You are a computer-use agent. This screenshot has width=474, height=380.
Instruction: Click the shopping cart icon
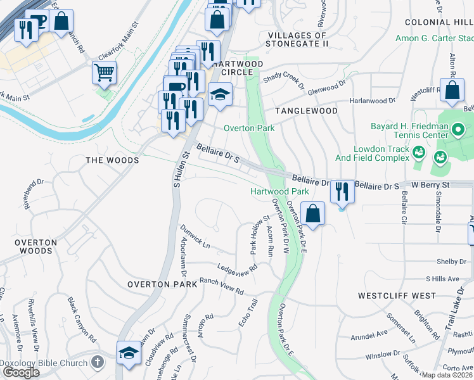104,72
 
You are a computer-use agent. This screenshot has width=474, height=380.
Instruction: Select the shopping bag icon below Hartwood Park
313,213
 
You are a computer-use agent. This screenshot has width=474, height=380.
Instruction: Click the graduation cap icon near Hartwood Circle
220,94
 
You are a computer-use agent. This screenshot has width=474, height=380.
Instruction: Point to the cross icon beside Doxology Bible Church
97,362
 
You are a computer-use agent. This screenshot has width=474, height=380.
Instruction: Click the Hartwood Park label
279,191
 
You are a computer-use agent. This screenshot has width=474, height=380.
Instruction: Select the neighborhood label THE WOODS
112,160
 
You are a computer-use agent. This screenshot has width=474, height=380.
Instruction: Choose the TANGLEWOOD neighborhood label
306,111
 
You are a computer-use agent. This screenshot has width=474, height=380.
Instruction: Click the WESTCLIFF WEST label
397,296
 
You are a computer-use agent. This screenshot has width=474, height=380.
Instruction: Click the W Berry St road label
430,185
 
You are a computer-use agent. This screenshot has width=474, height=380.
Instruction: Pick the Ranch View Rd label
222,286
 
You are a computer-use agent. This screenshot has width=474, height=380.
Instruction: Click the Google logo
21,372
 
